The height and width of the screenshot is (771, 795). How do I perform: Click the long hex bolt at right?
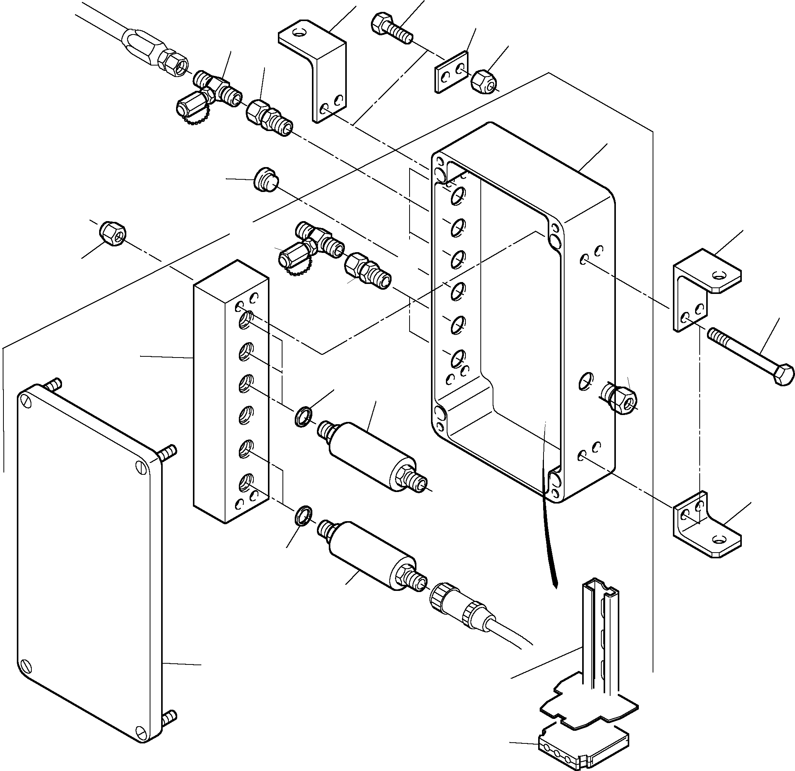(750, 357)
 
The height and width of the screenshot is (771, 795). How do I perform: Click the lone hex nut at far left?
(113, 234)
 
